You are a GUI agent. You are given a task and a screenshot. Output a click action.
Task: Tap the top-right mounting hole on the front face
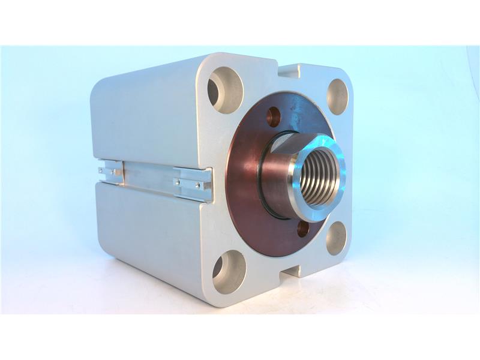[337, 96]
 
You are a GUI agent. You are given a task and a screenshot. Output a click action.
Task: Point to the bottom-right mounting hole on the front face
[336, 238]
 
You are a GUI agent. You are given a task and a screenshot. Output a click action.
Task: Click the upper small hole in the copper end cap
[274, 116]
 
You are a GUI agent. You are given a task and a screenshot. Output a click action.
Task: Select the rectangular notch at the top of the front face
[289, 71]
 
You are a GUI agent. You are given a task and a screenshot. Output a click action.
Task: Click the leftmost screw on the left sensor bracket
[101, 170]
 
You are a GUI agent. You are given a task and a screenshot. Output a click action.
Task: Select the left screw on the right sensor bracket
[178, 181]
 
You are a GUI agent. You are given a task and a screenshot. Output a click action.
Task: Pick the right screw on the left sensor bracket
[113, 173]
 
